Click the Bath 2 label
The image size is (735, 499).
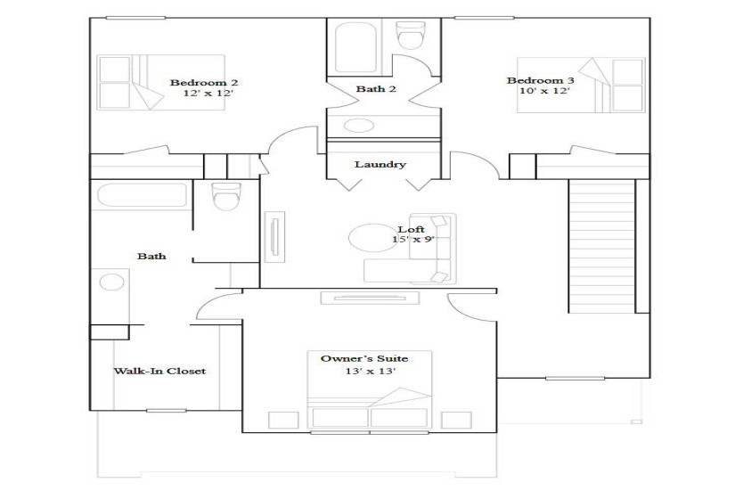pyautogui.click(x=371, y=88)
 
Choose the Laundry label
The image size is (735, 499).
pyautogui.click(x=380, y=164)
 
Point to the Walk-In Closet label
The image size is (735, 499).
pyautogui.click(x=159, y=371)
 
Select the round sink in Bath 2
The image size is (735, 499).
pyautogui.click(x=359, y=125)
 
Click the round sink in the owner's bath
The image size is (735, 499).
pyautogui.click(x=111, y=283)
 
